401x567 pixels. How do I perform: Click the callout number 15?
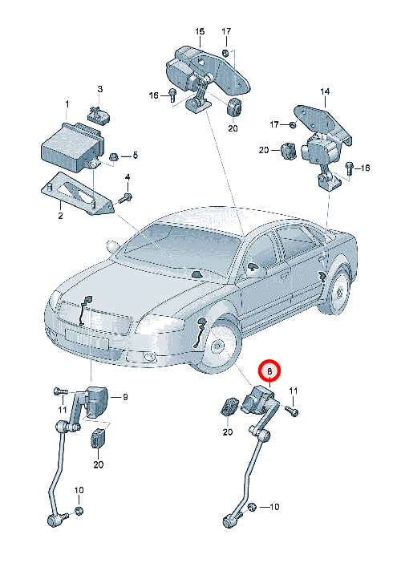tap(200, 31)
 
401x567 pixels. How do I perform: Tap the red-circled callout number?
tap(269, 371)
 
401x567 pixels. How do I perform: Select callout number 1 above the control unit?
tap(67, 104)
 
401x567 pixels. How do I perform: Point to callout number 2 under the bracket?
tap(60, 216)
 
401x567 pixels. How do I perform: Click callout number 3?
tap(100, 88)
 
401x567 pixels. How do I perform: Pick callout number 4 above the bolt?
tap(128, 177)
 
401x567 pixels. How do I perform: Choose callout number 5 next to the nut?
tap(135, 155)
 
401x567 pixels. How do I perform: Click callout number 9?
tap(125, 397)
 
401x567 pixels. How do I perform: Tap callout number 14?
tap(325, 91)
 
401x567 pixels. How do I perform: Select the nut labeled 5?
tap(113, 157)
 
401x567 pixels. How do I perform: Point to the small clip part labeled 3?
tap(99, 114)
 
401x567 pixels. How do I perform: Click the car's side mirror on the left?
tap(113, 246)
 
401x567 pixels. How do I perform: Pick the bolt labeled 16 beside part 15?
tap(172, 95)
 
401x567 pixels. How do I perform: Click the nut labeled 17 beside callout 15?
tap(225, 53)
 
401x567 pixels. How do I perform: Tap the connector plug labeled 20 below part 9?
tap(98, 438)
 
